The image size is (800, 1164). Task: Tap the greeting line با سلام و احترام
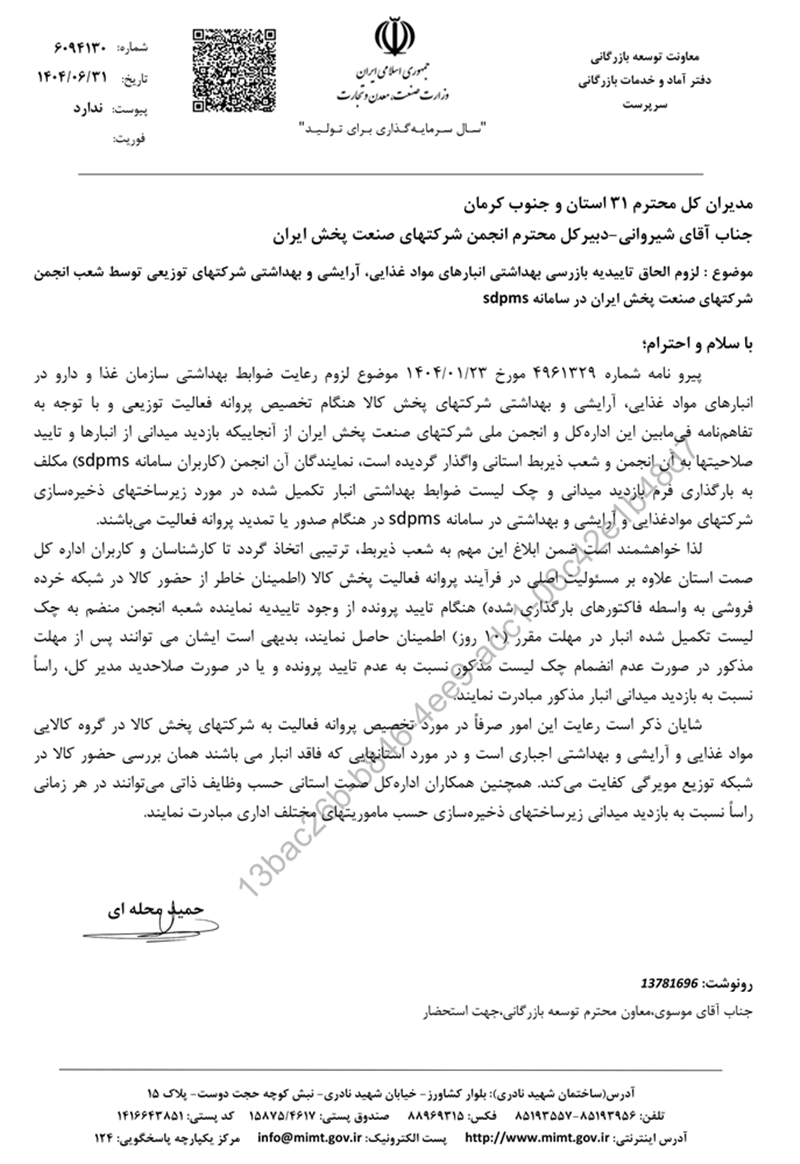[x=701, y=340]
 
